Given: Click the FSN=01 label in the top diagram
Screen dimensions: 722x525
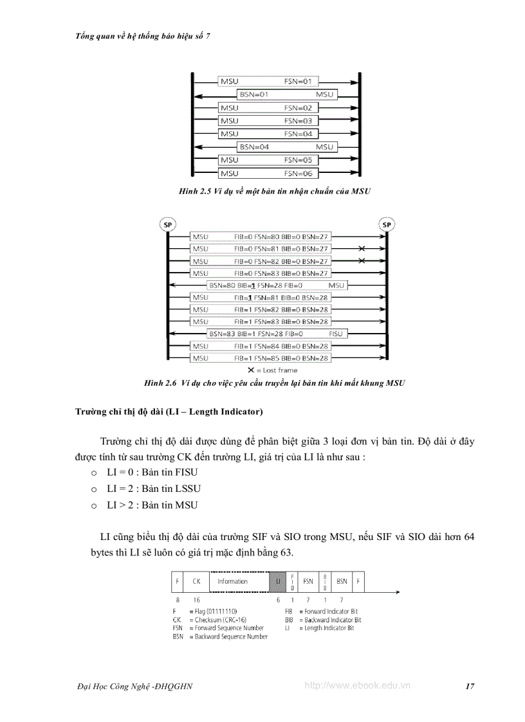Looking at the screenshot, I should (x=298, y=82).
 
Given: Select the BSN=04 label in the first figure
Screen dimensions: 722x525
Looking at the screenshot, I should (x=253, y=147).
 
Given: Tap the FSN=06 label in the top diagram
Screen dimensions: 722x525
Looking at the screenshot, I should (x=298, y=174).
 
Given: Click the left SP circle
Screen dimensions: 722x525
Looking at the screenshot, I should (x=168, y=224).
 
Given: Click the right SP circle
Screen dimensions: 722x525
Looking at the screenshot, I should (x=387, y=224).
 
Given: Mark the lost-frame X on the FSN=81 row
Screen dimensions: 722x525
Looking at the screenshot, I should (x=362, y=248).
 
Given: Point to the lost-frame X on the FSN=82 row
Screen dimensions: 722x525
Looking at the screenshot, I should (x=362, y=261).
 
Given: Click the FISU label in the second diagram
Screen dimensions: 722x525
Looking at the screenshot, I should (x=336, y=334).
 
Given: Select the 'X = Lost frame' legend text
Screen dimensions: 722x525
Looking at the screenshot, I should (x=272, y=370).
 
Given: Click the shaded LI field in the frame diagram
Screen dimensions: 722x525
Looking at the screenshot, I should (x=277, y=581).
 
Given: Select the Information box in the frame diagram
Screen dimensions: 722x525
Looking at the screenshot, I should (x=232, y=581).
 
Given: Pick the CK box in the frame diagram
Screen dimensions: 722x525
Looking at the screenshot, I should (x=196, y=581).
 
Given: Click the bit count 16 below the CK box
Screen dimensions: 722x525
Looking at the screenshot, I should (x=196, y=600).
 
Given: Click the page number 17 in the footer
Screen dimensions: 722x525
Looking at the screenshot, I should (x=470, y=686).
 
